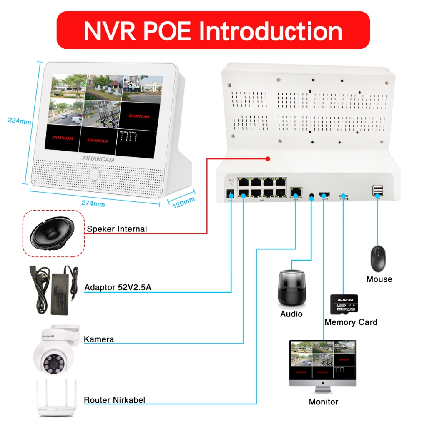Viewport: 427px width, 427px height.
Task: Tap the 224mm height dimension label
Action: point(19,121)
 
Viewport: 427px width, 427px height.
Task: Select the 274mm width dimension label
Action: point(93,204)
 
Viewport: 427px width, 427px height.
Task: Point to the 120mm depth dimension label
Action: point(183,202)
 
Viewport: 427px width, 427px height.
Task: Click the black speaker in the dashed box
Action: point(53,234)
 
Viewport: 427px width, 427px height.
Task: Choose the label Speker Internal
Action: point(117,229)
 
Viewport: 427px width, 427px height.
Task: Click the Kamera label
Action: point(99,339)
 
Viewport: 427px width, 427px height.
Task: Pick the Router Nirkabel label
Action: point(115,400)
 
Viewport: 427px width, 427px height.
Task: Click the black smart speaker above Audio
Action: point(292,288)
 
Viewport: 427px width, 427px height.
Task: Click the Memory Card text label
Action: point(351,322)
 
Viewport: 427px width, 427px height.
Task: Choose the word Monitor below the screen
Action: point(323,402)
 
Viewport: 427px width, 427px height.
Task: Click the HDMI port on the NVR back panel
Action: point(324,194)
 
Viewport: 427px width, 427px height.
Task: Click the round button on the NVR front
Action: point(95,174)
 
